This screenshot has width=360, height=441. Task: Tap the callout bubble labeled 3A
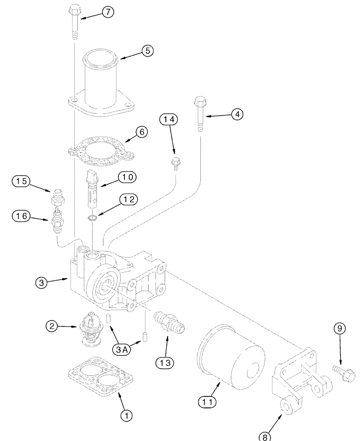[x=123, y=349]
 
